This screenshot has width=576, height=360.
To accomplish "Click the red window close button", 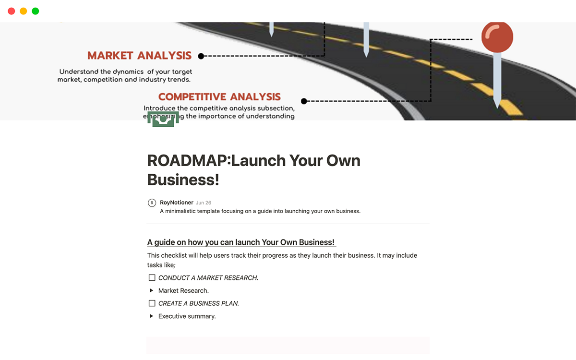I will (x=12, y=11).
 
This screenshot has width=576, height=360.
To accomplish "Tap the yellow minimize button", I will (x=24, y=11).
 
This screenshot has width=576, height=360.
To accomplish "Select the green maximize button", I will (x=36, y=11).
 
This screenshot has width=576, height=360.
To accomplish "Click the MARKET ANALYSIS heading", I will (x=139, y=56).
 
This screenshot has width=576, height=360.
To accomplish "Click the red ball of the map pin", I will (x=497, y=36).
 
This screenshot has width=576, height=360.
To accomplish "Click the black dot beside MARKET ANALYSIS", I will (x=201, y=56).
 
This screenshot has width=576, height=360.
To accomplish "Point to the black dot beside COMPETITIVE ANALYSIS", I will (x=304, y=101).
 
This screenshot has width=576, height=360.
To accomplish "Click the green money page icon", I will (x=163, y=119).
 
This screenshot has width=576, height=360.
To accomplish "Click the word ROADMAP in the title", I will (x=187, y=160).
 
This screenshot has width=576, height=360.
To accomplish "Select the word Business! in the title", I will (x=183, y=180).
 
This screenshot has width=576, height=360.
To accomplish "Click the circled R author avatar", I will (x=152, y=203).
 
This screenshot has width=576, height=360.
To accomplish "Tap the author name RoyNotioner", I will (x=177, y=203).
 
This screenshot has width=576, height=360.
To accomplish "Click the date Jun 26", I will (x=204, y=203).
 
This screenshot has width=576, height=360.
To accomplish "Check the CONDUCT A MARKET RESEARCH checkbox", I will (x=152, y=278).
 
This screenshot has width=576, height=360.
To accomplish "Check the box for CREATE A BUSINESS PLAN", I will (x=152, y=303).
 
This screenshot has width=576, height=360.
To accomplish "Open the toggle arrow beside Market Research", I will (x=152, y=290).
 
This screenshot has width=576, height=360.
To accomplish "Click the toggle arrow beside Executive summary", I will (x=152, y=316).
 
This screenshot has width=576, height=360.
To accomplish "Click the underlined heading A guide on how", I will (x=240, y=242).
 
